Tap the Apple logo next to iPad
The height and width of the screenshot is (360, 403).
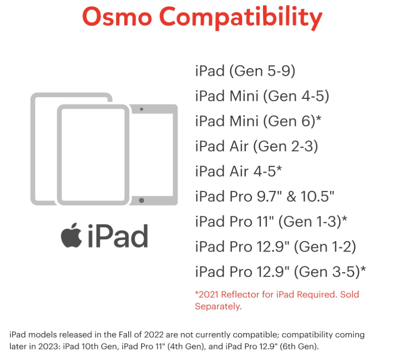pos(71,236)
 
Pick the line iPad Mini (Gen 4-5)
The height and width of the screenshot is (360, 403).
pos(262,96)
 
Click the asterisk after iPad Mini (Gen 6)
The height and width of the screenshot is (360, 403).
pos(318,119)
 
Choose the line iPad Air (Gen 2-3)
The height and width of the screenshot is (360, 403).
pos(256,146)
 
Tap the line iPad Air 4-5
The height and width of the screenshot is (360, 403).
pos(239,171)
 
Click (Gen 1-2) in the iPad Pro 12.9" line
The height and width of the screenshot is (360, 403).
pos(325,246)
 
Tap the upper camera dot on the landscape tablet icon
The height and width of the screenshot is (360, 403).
pos(142,109)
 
